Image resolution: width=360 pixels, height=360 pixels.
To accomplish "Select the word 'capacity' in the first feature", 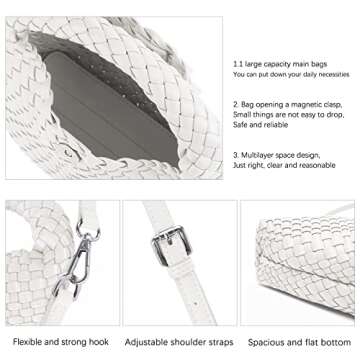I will click(x=272, y=62).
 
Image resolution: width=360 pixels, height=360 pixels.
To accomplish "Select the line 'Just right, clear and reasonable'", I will click(x=283, y=167).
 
